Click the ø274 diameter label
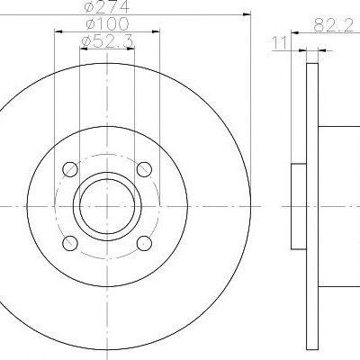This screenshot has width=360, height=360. click(106, 6)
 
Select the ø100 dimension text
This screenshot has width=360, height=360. click(107, 24)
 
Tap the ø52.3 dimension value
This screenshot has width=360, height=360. click(107, 41)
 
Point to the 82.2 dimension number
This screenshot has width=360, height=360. click(334, 25)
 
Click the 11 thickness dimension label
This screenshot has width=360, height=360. click(279, 43)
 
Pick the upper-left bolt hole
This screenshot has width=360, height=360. click(70, 169)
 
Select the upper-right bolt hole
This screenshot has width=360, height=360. click(144, 169)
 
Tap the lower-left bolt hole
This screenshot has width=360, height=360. click(70, 243)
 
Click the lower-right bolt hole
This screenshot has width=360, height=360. click(144, 243)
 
